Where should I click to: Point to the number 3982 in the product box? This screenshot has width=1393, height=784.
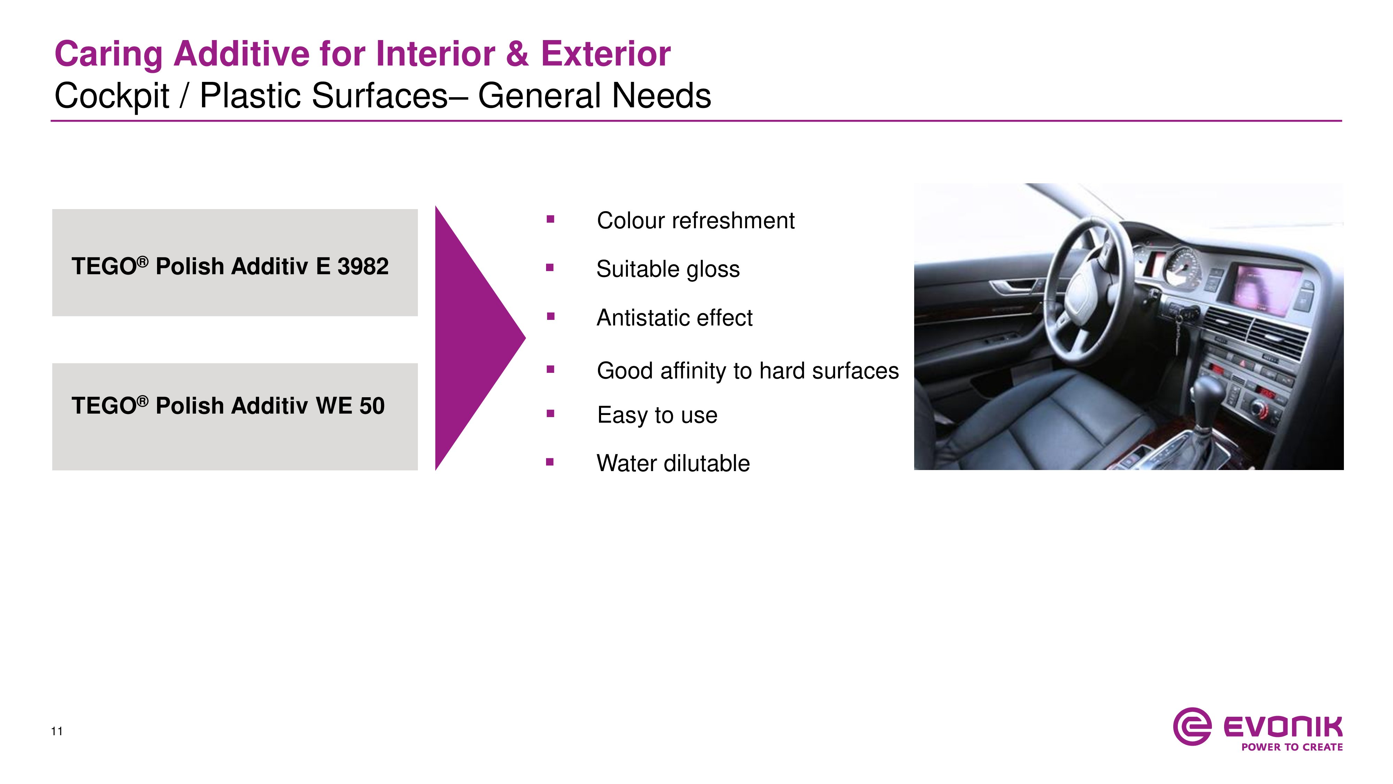pos(363,266)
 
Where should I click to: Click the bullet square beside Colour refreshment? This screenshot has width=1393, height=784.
pos(551,219)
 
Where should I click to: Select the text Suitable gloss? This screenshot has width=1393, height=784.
pos(668,269)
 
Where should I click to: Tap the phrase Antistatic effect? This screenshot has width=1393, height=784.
pos(674,317)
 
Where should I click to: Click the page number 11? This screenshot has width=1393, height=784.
pos(57,731)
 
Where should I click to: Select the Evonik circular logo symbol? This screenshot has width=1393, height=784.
pos(1192,727)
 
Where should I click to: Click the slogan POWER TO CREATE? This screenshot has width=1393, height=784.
pos(1292,747)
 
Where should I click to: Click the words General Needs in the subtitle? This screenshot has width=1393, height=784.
pos(594,96)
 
